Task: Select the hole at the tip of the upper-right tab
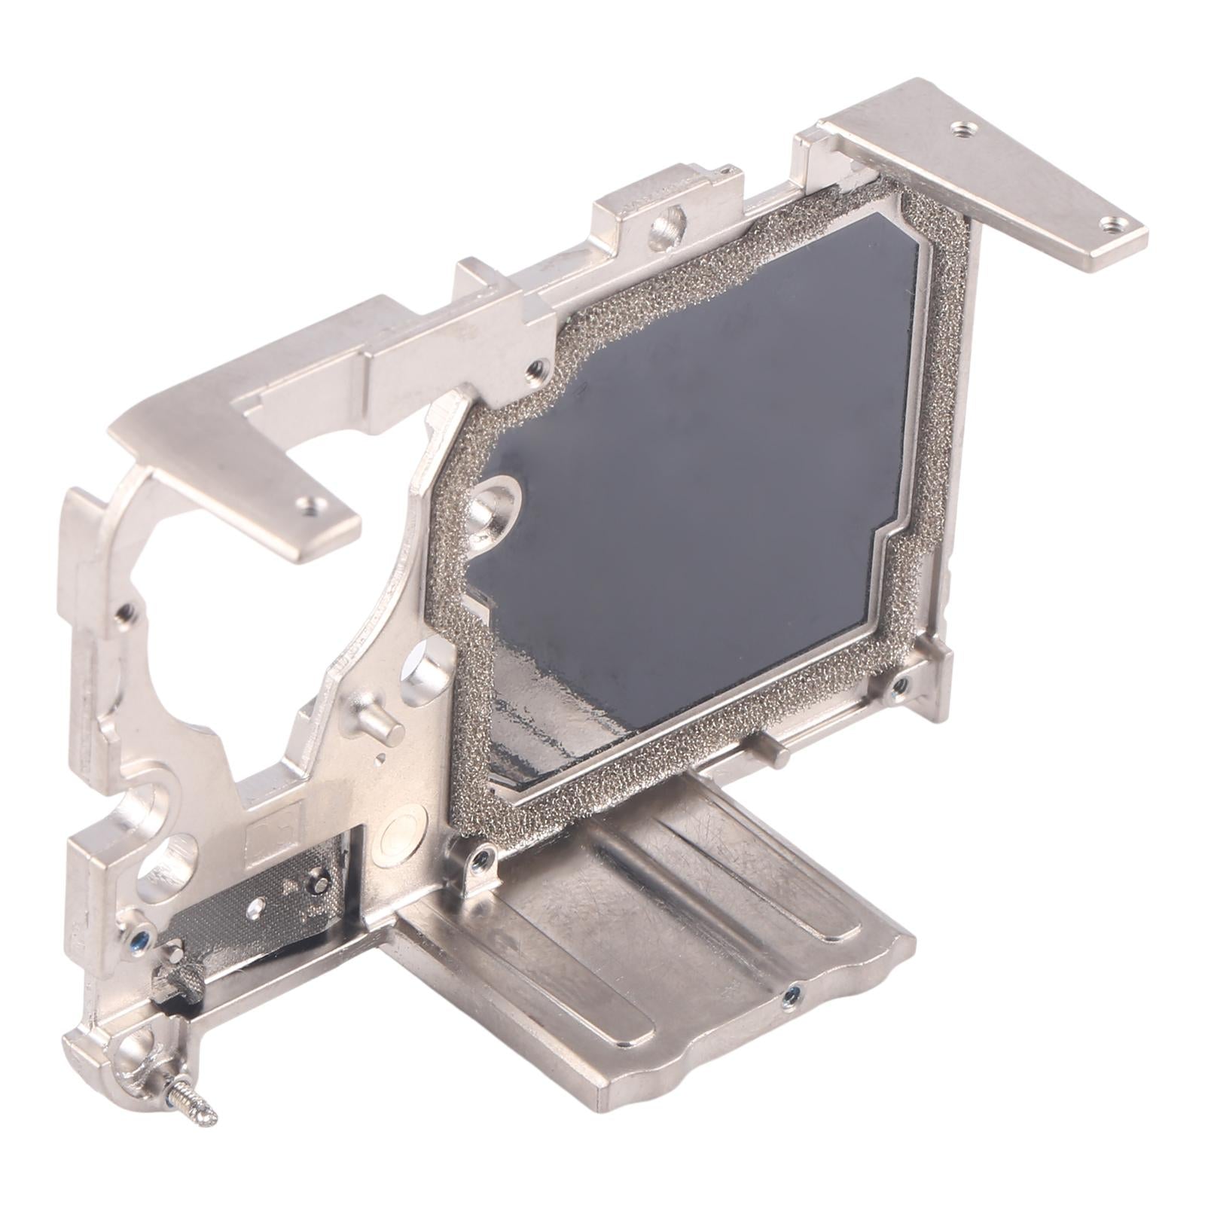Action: click(x=1114, y=224)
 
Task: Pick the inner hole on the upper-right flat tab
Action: click(x=960, y=130)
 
